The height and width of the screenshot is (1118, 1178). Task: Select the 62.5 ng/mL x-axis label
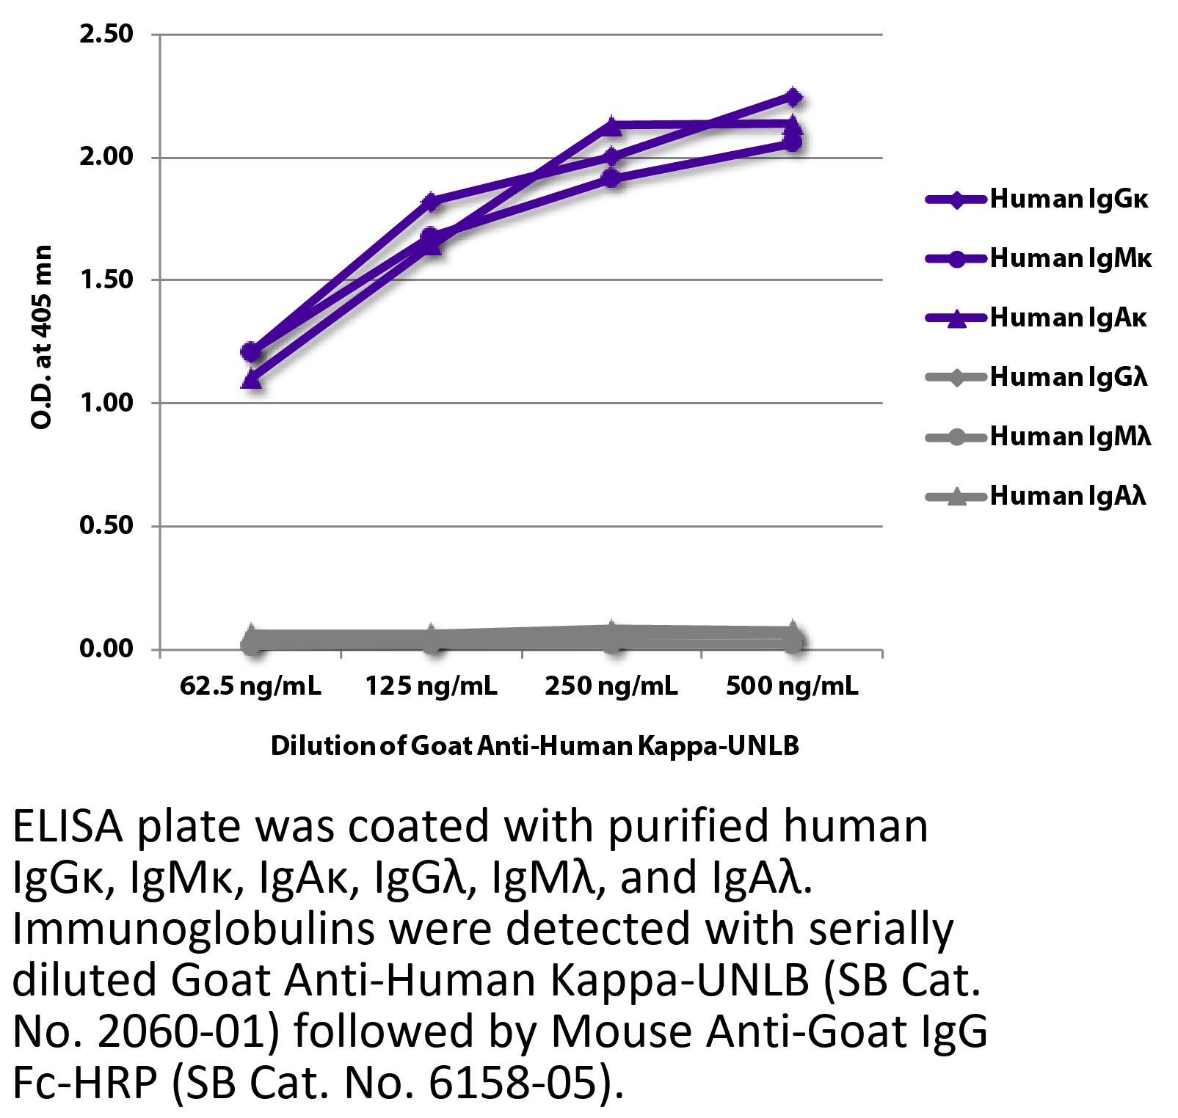click(x=250, y=686)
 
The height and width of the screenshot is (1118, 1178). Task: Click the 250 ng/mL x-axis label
click(x=611, y=686)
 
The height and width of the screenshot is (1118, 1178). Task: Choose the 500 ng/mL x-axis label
click(x=792, y=686)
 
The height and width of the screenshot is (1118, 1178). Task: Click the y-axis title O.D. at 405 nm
click(x=42, y=337)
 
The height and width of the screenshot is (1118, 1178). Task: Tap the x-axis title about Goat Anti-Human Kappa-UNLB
click(x=534, y=746)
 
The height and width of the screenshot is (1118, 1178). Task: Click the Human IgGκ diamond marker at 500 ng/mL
click(x=793, y=97)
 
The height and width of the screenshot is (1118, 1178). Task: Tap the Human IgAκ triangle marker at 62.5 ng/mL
click(x=252, y=379)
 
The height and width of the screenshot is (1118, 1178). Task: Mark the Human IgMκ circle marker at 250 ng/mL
click(x=611, y=178)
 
